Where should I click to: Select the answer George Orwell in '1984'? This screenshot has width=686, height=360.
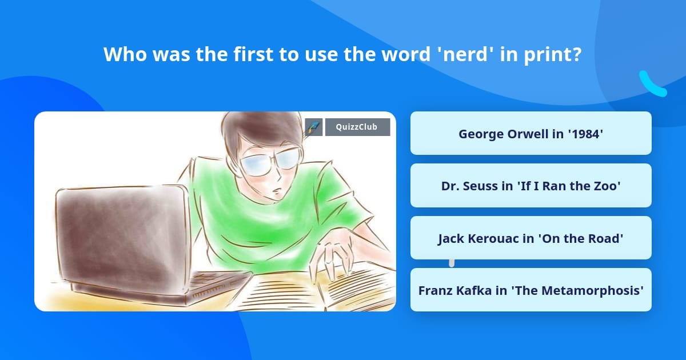[531, 134]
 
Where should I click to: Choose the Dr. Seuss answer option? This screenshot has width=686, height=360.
[531, 186]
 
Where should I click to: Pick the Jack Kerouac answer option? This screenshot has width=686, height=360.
[531, 238]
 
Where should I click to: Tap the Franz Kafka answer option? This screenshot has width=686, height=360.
[531, 290]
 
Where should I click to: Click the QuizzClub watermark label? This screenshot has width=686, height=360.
[357, 127]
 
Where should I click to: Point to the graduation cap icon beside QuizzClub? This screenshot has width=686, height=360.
[313, 127]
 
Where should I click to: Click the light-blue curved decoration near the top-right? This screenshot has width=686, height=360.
[652, 85]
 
